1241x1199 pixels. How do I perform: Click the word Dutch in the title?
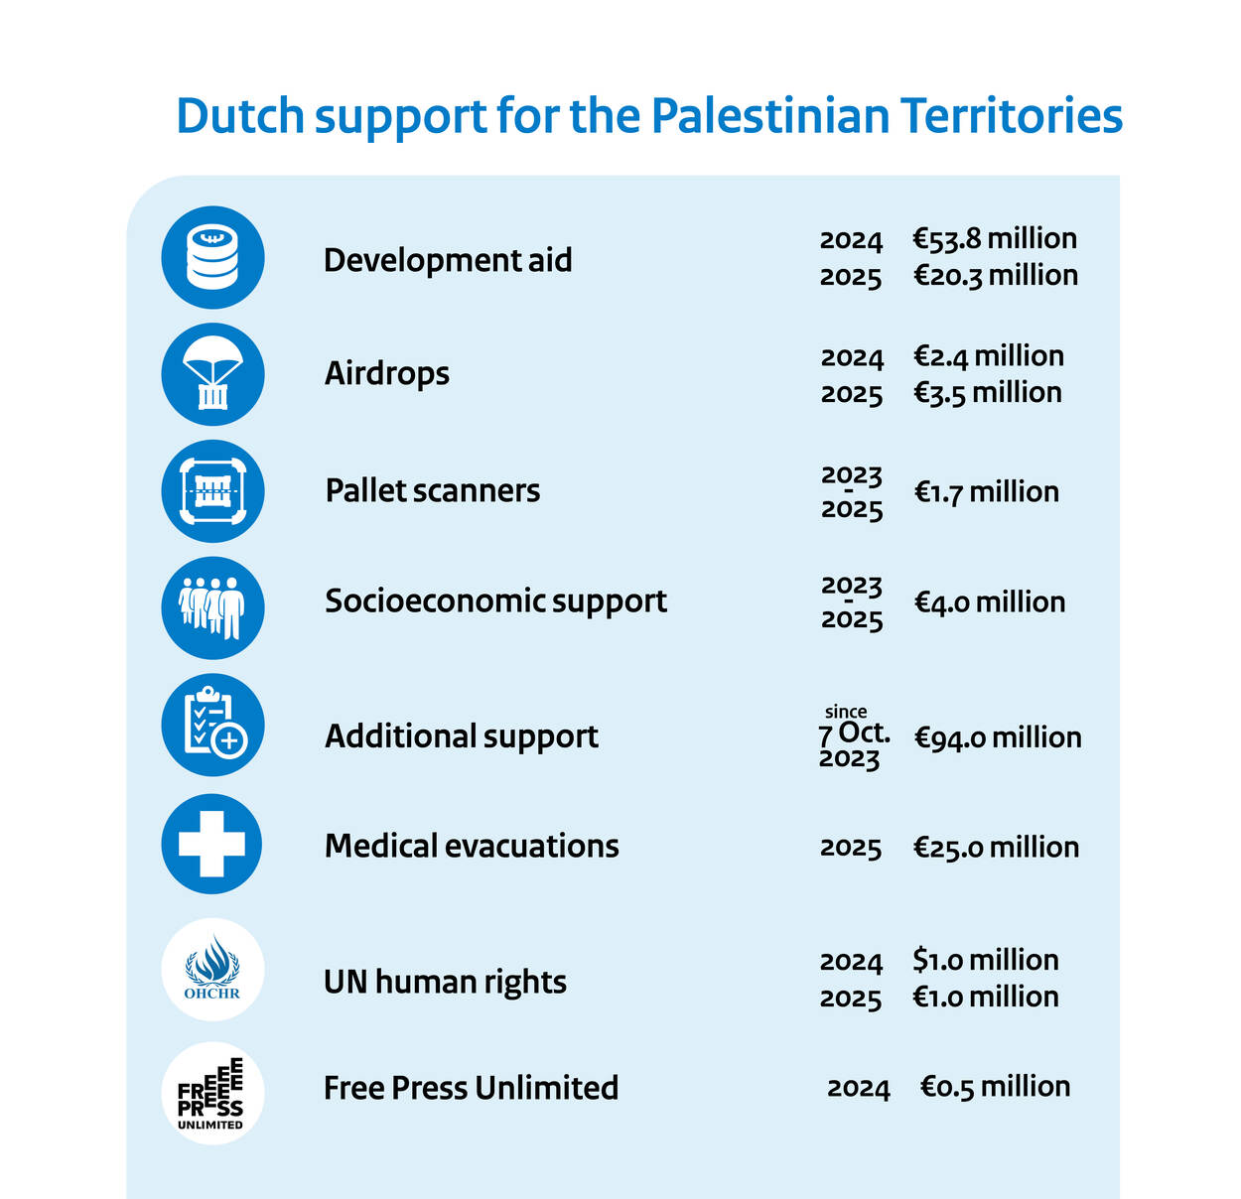(x=239, y=116)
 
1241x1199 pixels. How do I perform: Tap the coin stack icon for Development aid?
(x=212, y=257)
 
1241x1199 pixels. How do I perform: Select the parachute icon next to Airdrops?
(x=212, y=374)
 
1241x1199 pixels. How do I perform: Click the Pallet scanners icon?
(x=212, y=490)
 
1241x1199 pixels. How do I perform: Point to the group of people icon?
(x=212, y=607)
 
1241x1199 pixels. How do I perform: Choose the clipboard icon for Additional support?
(x=212, y=725)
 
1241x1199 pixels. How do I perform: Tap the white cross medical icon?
(x=211, y=844)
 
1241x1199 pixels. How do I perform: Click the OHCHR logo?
(x=212, y=970)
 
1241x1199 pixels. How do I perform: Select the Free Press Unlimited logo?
(x=212, y=1093)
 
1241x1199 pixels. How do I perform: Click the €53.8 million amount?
(x=995, y=239)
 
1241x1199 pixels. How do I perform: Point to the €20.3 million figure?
(x=995, y=275)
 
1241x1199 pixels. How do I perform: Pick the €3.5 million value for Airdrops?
(x=988, y=393)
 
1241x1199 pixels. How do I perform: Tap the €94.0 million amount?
(x=998, y=737)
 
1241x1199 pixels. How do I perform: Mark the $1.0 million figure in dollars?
(x=986, y=960)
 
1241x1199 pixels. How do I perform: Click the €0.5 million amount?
(x=995, y=1087)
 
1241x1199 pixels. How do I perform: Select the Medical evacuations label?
(x=472, y=846)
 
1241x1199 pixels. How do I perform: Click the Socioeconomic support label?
(x=495, y=601)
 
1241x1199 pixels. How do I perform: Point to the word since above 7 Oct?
(x=846, y=712)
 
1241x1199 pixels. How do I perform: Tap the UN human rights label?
(x=445, y=982)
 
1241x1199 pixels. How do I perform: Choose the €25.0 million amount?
(x=996, y=848)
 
